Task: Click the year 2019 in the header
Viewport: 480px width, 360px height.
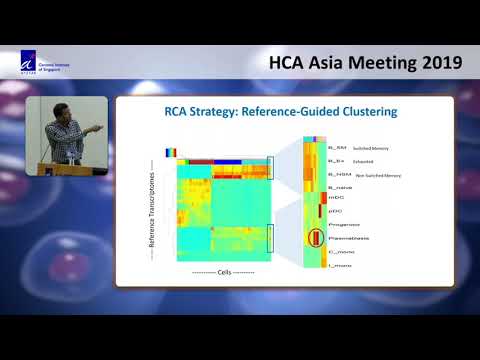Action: tap(434, 62)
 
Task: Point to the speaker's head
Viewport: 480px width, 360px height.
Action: tap(58, 109)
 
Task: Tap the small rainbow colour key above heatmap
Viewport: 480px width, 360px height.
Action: tap(172, 152)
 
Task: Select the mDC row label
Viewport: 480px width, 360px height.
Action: tap(332, 198)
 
